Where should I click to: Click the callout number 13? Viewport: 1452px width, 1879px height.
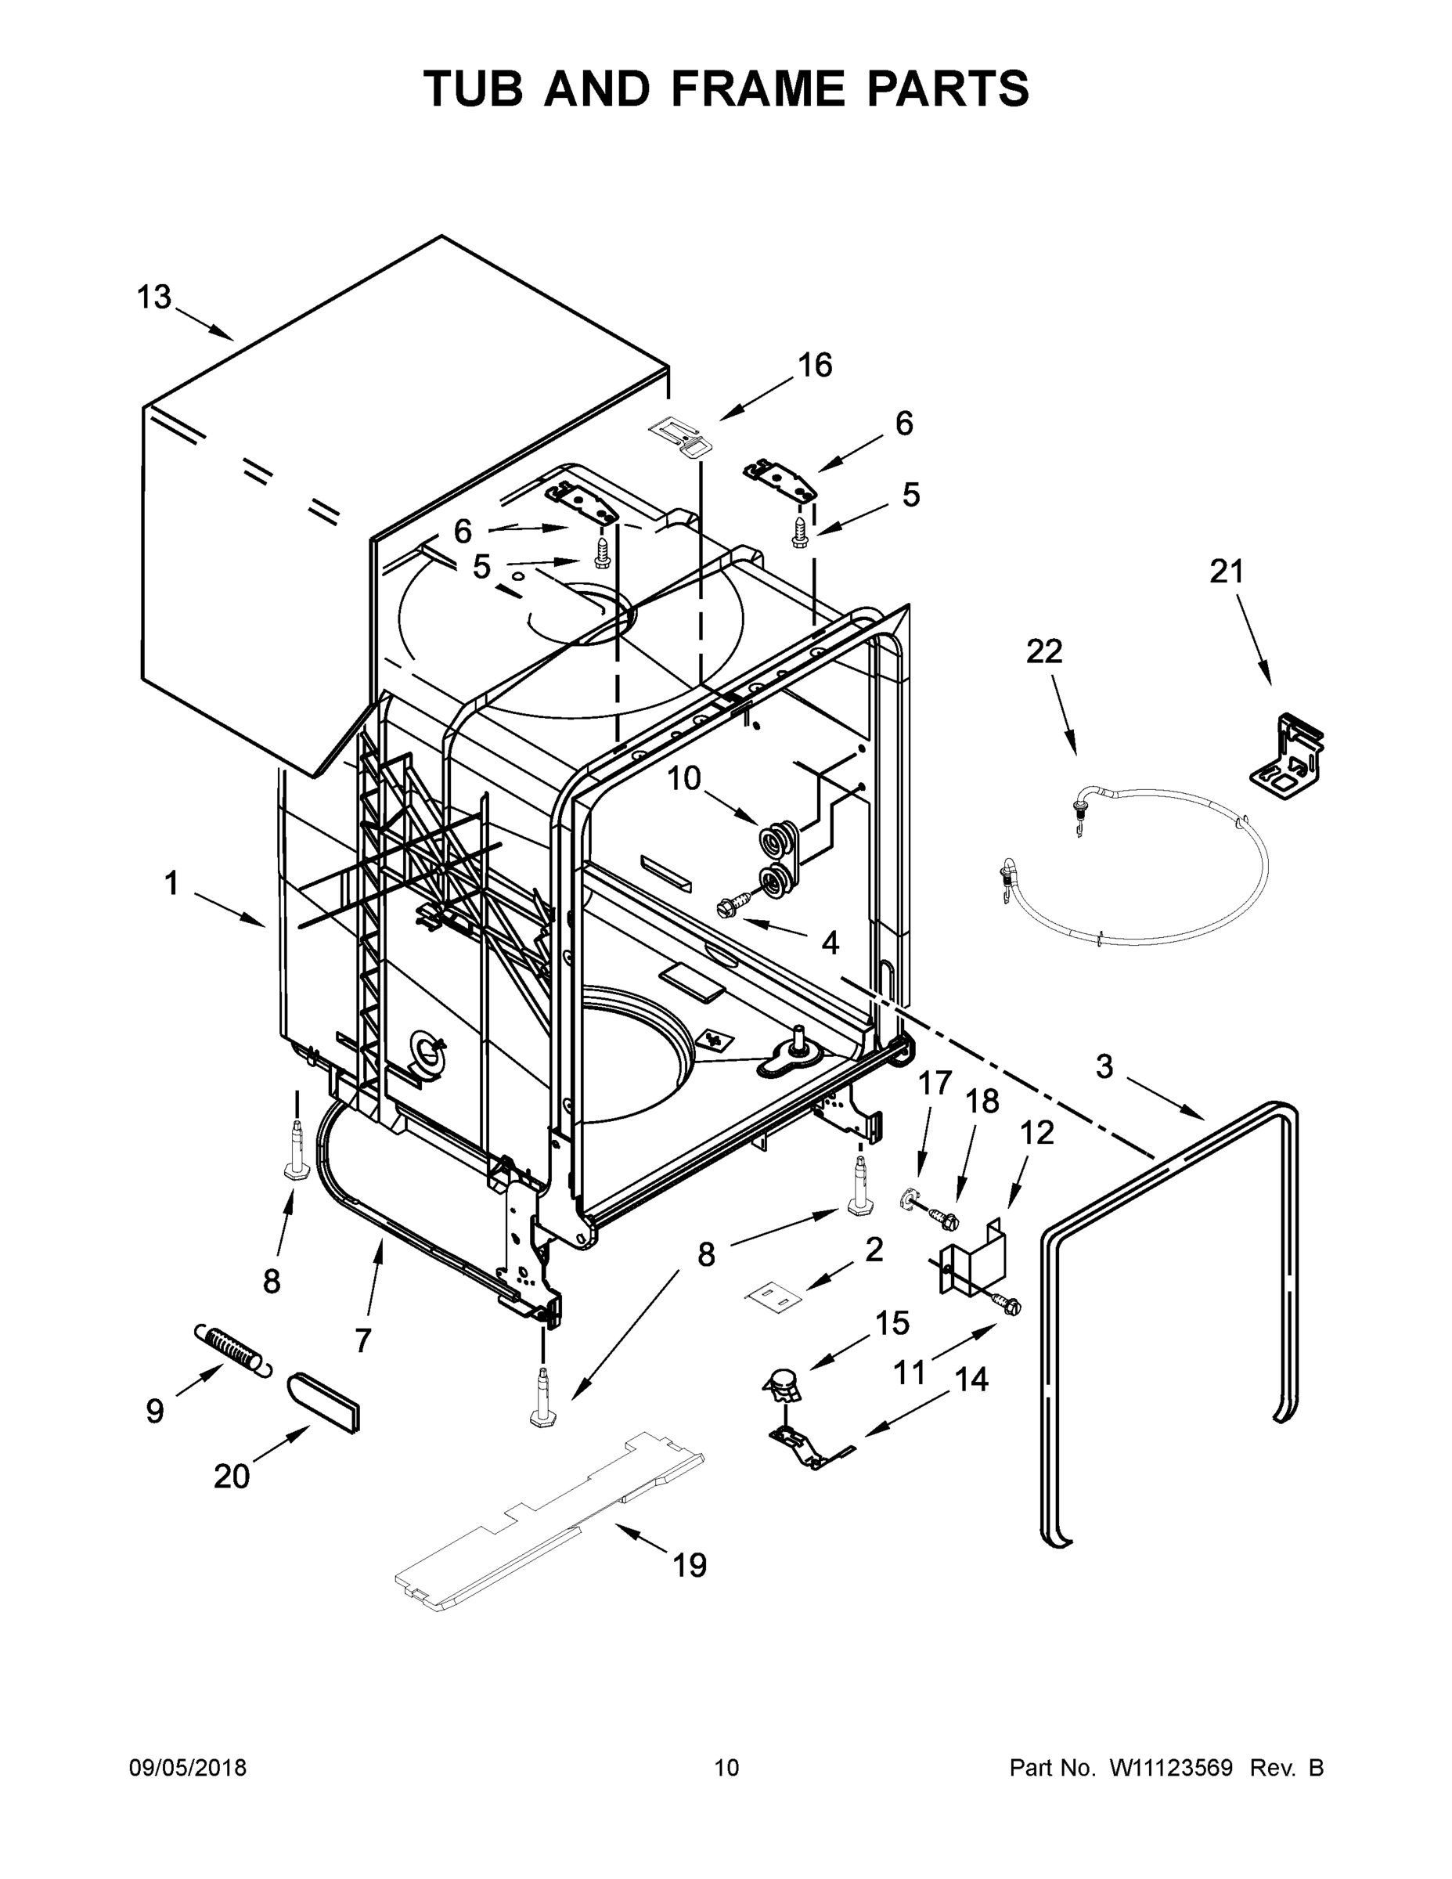click(154, 298)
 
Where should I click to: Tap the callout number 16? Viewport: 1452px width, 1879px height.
click(815, 365)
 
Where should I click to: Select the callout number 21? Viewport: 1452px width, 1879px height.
click(1227, 572)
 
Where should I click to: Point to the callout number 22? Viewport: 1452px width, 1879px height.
click(1044, 651)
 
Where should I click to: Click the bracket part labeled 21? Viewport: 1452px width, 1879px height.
click(1286, 751)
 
